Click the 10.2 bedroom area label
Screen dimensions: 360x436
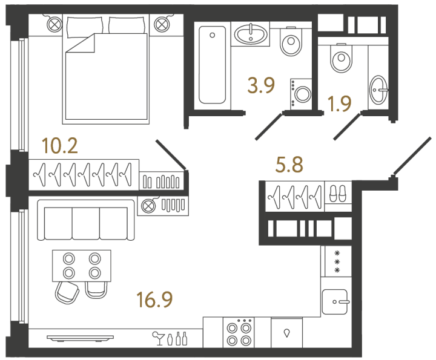click(60, 146)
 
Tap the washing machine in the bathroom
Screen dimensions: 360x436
click(302, 93)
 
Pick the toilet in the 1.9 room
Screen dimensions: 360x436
click(342, 59)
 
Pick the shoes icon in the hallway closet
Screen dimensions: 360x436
click(337, 194)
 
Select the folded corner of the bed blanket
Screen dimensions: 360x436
click(82, 44)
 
